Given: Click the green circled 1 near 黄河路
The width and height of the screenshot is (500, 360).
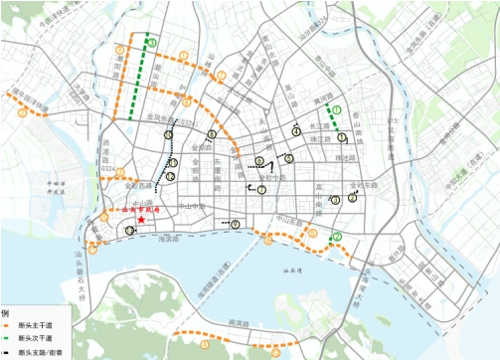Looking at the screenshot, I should click(336, 109).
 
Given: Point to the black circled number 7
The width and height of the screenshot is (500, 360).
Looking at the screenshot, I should click(261, 189).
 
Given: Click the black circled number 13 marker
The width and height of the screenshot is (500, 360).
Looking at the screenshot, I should click(130, 230).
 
